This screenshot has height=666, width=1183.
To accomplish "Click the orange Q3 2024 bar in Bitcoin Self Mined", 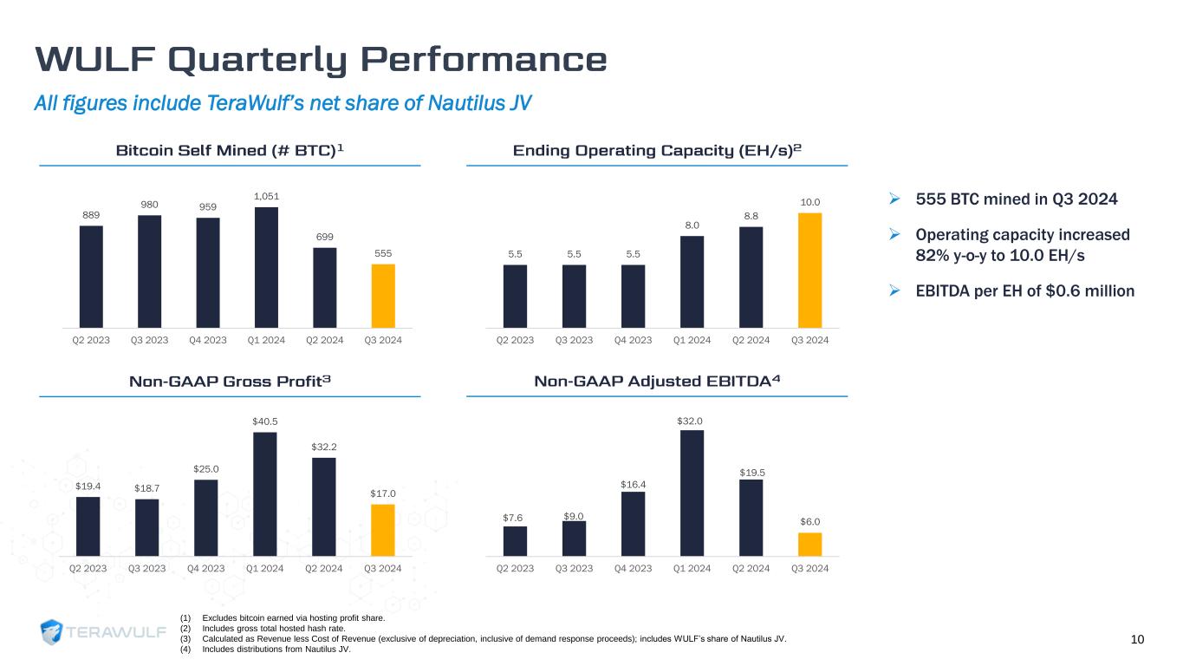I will point(383,295).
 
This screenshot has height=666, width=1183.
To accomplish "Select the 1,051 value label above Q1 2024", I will point(265,197).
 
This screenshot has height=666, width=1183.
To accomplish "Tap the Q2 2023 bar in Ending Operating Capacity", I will point(515,296).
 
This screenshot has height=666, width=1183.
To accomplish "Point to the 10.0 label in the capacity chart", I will point(809,202).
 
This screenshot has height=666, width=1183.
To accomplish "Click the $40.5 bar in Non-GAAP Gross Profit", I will point(265,493).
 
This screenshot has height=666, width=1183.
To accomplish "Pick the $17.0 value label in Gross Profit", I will point(383,493).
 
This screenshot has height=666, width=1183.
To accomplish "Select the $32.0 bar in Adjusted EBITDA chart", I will point(692,493).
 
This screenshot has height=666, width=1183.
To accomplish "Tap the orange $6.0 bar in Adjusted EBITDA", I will point(809,544).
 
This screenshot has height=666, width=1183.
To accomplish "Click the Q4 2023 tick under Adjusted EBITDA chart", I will point(633,569).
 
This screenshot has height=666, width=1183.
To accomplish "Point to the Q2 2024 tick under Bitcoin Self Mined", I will point(324,340).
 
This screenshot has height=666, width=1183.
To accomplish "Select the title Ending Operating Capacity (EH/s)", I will point(657,151).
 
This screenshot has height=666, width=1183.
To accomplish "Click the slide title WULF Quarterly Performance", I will point(321,60).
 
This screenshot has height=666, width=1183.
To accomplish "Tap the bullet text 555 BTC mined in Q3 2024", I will point(1017,199).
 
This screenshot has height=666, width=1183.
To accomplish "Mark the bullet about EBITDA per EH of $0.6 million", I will point(1025,291).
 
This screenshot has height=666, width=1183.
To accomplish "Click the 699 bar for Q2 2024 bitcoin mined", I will point(324,287).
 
